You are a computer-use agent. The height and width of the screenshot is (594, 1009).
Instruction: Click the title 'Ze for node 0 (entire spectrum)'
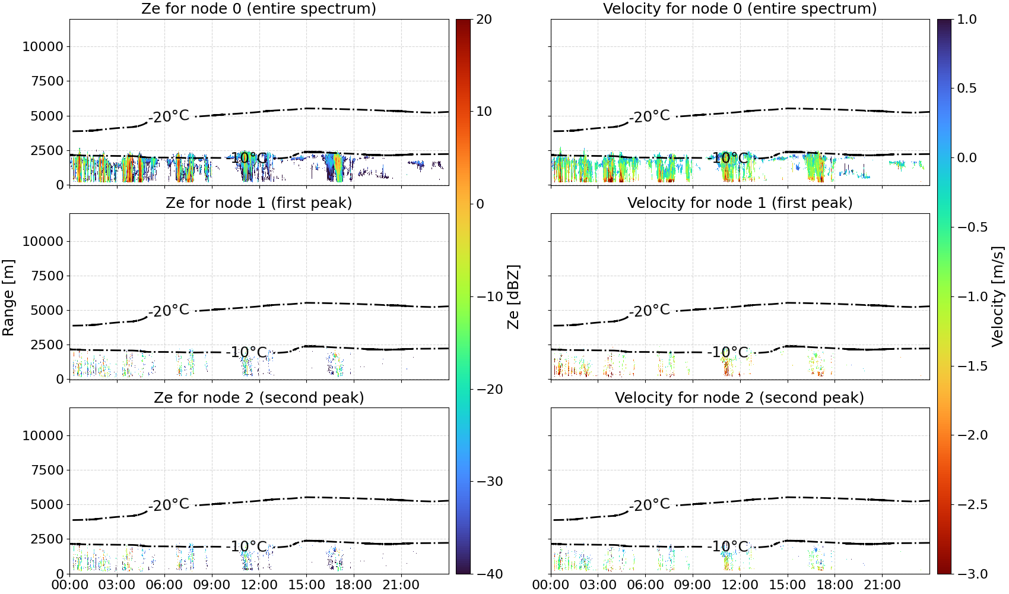pyautogui.click(x=259, y=8)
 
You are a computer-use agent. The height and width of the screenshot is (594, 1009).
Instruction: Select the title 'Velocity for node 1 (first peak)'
pyautogui.click(x=740, y=203)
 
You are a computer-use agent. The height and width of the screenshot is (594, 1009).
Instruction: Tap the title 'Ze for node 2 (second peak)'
pyautogui.click(x=259, y=397)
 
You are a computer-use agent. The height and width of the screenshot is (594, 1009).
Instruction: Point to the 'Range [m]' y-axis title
pyautogui.click(x=8, y=298)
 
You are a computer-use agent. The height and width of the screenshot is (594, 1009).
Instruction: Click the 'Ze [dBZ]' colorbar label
pyautogui.click(x=513, y=296)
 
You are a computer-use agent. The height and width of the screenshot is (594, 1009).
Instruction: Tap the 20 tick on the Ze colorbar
pyautogui.click(x=484, y=20)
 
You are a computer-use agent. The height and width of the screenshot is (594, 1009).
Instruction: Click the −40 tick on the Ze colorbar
pyautogui.click(x=489, y=574)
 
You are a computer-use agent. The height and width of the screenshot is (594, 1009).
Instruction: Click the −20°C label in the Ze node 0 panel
pyautogui.click(x=169, y=116)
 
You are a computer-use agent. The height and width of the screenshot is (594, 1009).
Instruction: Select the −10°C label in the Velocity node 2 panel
pyautogui.click(x=728, y=546)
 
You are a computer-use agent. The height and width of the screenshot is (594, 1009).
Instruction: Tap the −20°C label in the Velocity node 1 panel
pyautogui.click(x=649, y=310)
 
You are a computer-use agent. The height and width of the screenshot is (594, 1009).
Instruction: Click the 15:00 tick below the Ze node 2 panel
pyautogui.click(x=306, y=585)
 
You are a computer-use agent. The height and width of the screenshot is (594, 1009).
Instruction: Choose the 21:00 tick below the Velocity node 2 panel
pyautogui.click(x=882, y=585)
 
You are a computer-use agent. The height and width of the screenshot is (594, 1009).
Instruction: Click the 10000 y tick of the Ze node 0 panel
pyautogui.click(x=43, y=46)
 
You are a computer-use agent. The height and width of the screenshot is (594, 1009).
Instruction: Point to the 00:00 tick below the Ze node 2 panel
pyautogui.click(x=70, y=585)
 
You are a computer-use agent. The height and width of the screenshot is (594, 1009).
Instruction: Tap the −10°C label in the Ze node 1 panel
pyautogui.click(x=247, y=352)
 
